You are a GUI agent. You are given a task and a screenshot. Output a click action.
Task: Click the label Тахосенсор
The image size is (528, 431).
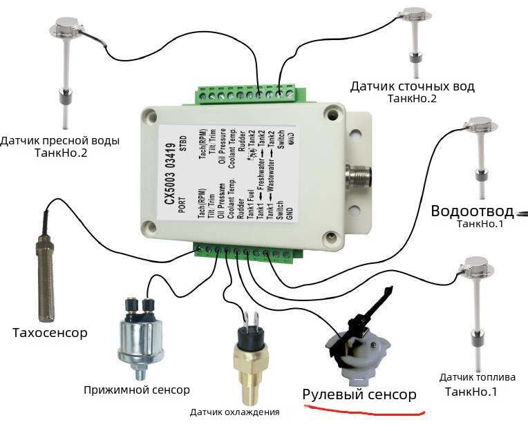pyautogui.click(x=50, y=334)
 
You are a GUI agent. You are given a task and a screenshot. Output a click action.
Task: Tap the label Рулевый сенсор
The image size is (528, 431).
pyautogui.click(x=359, y=394)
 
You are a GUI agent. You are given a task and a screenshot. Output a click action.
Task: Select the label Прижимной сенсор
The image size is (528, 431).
pyautogui.click(x=137, y=390)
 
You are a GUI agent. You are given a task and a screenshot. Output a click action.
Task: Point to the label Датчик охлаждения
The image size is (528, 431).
pyautogui.click(x=235, y=412)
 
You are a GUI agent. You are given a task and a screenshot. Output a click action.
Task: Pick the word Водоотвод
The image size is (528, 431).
pyautogui.click(x=472, y=211)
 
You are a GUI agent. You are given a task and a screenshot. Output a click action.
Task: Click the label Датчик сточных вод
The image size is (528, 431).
pyautogui.click(x=413, y=86)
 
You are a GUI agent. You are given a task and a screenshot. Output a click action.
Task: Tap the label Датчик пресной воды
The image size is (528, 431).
pyautogui.click(x=60, y=141)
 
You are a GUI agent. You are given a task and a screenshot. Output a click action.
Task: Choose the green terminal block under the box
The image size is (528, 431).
pyautogui.click(x=242, y=253)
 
